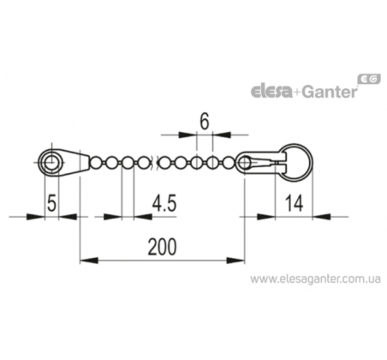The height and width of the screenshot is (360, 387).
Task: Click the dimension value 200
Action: pos(162,247)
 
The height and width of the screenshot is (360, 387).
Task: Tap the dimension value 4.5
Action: pos(164,203)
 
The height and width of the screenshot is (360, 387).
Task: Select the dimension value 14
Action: pos(294,203)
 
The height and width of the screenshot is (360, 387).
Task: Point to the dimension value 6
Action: pos(205,122)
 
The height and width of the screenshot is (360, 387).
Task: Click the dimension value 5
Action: pos(51,203)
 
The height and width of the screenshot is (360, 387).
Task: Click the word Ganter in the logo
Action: pos(330,92)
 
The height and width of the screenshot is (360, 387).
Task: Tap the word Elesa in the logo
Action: pos(271,92)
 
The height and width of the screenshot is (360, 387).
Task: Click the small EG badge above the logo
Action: pos(369,79)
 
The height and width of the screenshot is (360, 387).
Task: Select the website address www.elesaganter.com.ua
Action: pos(315,279)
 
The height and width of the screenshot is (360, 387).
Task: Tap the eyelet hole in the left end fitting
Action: pos(51,163)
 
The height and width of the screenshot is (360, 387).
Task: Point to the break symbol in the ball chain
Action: pos(155,163)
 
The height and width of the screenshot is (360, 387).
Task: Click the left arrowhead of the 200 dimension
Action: pos(89,261)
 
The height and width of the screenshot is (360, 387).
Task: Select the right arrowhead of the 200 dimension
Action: pos(235,261)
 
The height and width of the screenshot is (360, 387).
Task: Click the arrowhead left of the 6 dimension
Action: pos(188,135)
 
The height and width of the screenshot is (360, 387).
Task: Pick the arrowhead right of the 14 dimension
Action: pos(321,217)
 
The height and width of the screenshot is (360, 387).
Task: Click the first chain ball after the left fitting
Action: pos(95,163)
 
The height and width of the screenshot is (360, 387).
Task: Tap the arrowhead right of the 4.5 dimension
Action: pos(142,217)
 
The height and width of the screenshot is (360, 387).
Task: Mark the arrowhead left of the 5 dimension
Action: pos(35,217)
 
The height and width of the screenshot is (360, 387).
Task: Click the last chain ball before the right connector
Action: pos(228,163)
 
